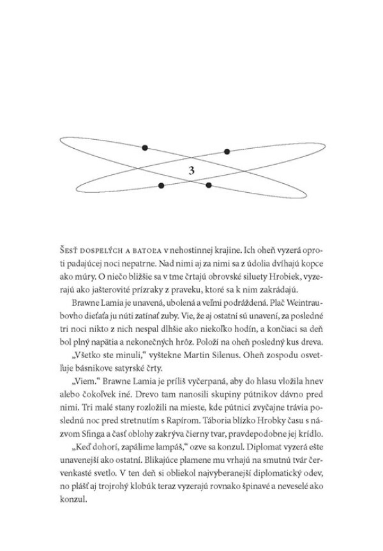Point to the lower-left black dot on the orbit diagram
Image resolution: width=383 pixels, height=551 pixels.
tap(161, 186)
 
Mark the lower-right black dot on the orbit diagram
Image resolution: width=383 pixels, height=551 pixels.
tap(208, 186)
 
